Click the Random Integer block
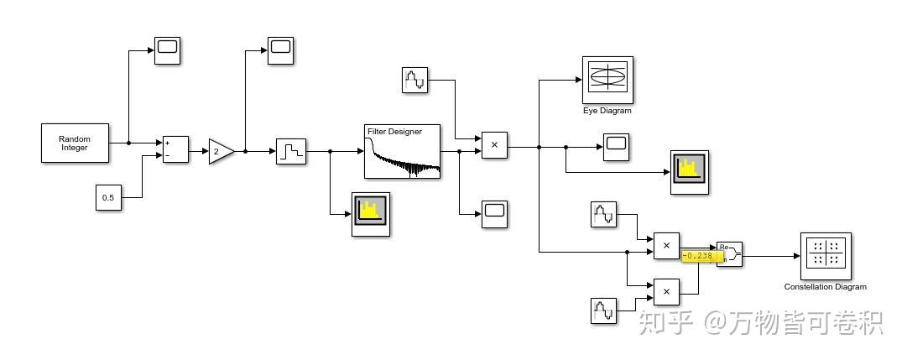pyautogui.click(x=75, y=143)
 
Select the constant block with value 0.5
pyautogui.click(x=108, y=198)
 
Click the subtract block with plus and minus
pyautogui.click(x=175, y=149)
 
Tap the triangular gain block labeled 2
pyautogui.click(x=220, y=152)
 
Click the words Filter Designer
pyautogui.click(x=394, y=132)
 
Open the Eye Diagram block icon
pyautogui.click(x=607, y=79)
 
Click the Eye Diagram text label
pyautogui.click(x=607, y=111)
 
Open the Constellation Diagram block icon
pyautogui.click(x=826, y=256)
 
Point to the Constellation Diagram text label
pyautogui.click(x=826, y=287)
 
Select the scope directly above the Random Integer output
pyautogui.click(x=168, y=50)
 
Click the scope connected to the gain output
pyautogui.click(x=280, y=50)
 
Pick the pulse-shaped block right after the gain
pyautogui.click(x=291, y=152)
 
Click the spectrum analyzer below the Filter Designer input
pyautogui.click(x=370, y=214)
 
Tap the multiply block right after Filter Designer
pyautogui.click(x=494, y=145)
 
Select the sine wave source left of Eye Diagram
pyautogui.click(x=414, y=80)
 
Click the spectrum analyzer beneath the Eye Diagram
pyautogui.click(x=689, y=172)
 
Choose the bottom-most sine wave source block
pyautogui.click(x=604, y=310)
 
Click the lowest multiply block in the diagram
pyautogui.click(x=666, y=291)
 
